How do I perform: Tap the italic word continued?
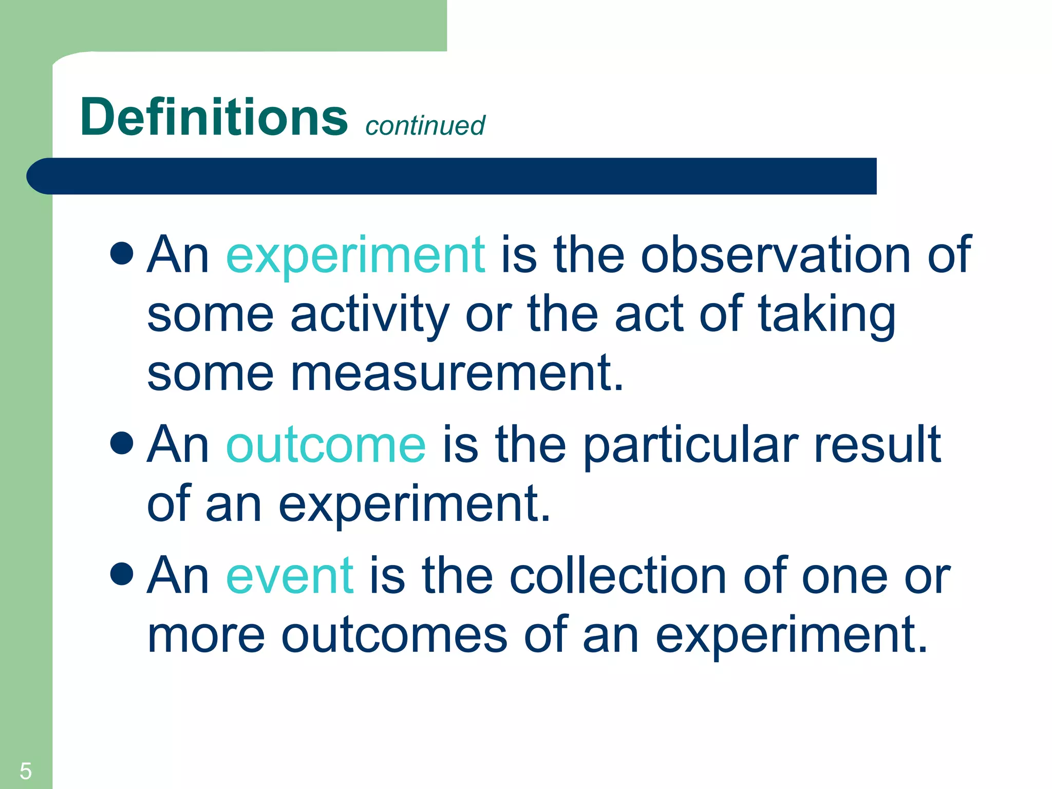425,126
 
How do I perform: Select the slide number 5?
25,771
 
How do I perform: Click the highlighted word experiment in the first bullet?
355,255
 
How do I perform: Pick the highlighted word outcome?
326,445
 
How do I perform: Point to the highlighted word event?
290,576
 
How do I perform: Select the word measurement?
457,373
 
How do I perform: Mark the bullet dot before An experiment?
122,253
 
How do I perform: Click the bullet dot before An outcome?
122,443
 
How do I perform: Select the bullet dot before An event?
122,574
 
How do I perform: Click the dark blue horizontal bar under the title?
452,176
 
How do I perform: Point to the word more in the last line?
206,636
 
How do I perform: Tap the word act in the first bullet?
649,314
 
